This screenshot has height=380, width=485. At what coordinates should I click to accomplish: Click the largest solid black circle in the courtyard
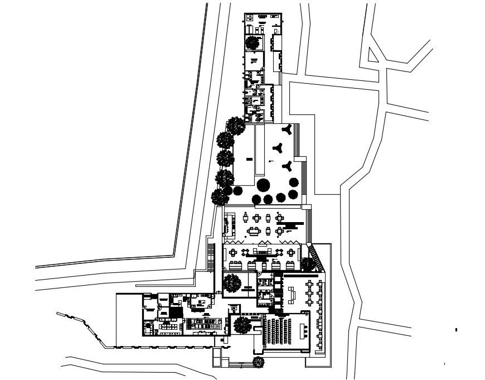pos(263,185)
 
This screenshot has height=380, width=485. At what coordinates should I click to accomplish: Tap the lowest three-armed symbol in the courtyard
pos(288,165)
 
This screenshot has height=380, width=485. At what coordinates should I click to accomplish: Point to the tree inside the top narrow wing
pos(253,42)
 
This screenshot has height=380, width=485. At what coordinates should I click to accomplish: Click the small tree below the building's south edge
pos(258,362)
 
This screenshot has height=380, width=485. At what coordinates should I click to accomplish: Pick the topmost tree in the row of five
pos(235,125)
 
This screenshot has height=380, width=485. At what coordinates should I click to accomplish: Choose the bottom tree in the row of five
pos(221,196)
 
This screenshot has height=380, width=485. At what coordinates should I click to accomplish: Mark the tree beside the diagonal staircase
pos(307,263)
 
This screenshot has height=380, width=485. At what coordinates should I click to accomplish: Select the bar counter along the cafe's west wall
pos(227,225)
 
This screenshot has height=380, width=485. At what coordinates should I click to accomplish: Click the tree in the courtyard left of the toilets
pos(231,283)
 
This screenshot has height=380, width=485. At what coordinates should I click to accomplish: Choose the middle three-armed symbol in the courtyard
pos(277,148)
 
